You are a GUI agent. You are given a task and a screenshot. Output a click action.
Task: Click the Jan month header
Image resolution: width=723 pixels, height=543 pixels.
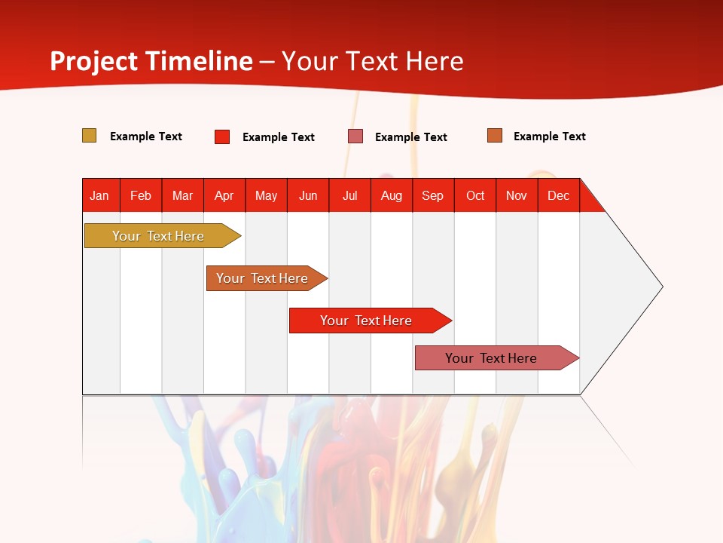click(99, 195)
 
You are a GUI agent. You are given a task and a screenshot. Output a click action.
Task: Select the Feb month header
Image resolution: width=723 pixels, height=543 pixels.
click(141, 195)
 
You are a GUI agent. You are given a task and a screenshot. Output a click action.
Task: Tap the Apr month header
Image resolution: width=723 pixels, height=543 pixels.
click(224, 195)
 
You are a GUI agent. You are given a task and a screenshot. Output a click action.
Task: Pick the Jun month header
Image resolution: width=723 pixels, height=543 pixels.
click(308, 195)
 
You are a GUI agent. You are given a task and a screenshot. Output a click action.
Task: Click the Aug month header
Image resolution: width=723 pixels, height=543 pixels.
click(392, 195)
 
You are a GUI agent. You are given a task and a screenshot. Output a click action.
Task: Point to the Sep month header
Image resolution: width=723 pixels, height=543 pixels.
click(433, 195)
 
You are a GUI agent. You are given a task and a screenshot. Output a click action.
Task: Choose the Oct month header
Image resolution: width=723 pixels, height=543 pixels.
click(475, 195)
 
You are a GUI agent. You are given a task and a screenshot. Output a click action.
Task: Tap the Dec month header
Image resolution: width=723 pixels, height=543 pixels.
click(559, 195)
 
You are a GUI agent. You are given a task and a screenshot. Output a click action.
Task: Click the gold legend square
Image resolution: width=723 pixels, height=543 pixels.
click(90, 136)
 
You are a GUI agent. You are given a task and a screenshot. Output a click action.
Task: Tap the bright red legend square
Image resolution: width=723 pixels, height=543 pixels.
click(222, 137)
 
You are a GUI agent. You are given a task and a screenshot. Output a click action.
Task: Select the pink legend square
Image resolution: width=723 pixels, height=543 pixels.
click(355, 137)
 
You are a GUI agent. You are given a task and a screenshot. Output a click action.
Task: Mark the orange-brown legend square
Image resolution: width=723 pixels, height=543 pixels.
click(495, 136)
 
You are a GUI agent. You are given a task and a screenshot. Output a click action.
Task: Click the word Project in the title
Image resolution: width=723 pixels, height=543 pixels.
click(94, 61)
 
